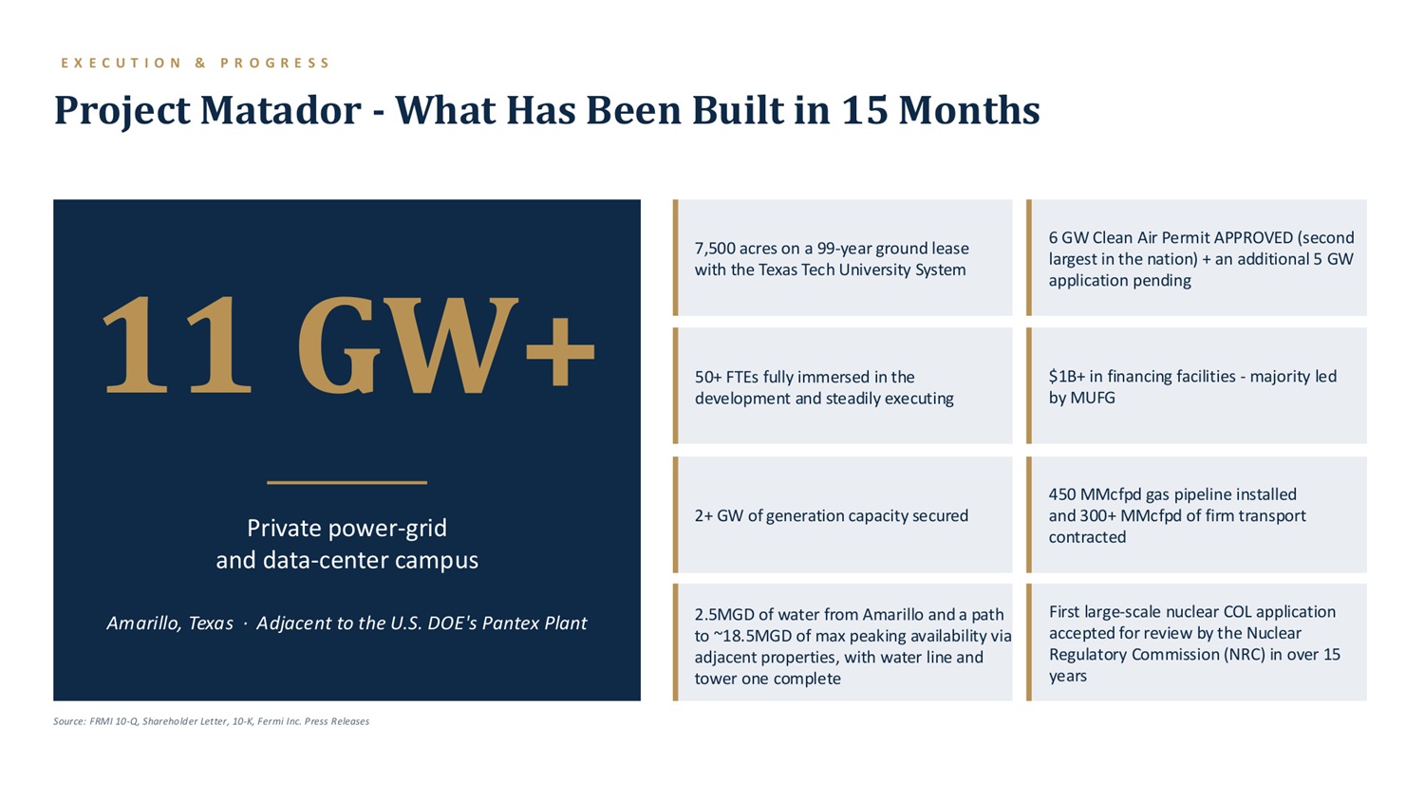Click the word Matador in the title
click(281, 110)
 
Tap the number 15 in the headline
click(865, 110)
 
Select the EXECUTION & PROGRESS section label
click(196, 63)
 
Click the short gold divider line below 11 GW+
click(347, 483)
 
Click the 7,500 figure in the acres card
click(715, 249)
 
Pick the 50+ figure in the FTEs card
click(707, 377)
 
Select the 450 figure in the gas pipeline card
click(1061, 494)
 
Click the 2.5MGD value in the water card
click(724, 614)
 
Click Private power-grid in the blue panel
click(347, 528)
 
